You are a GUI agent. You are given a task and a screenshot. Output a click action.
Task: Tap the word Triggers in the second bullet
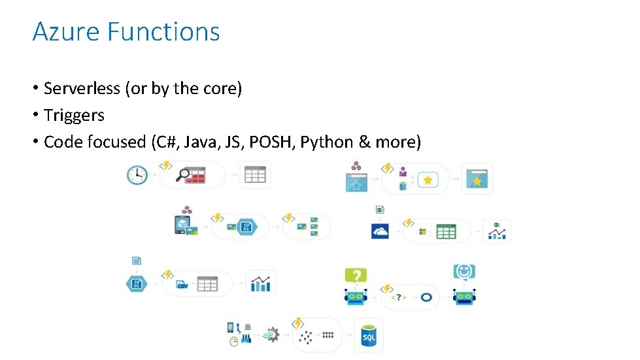tap(74, 116)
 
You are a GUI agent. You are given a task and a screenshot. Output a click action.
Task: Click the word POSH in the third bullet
tap(273, 142)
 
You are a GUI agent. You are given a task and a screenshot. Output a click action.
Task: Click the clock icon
tap(137, 174)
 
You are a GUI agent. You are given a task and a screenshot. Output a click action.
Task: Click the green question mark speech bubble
tap(356, 275)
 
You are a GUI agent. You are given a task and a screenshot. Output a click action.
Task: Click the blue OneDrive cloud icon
tap(380, 231)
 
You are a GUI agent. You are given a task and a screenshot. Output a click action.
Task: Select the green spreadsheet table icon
tap(446, 231)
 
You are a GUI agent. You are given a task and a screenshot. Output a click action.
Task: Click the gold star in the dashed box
tap(428, 180)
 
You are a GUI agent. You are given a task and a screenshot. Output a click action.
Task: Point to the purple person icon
tap(403, 172)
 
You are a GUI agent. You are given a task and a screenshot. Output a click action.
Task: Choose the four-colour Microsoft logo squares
tap(422, 231)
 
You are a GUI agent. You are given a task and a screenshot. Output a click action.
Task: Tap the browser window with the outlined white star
tap(357, 182)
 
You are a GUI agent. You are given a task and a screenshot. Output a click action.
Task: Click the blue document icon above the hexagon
tap(136, 261)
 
